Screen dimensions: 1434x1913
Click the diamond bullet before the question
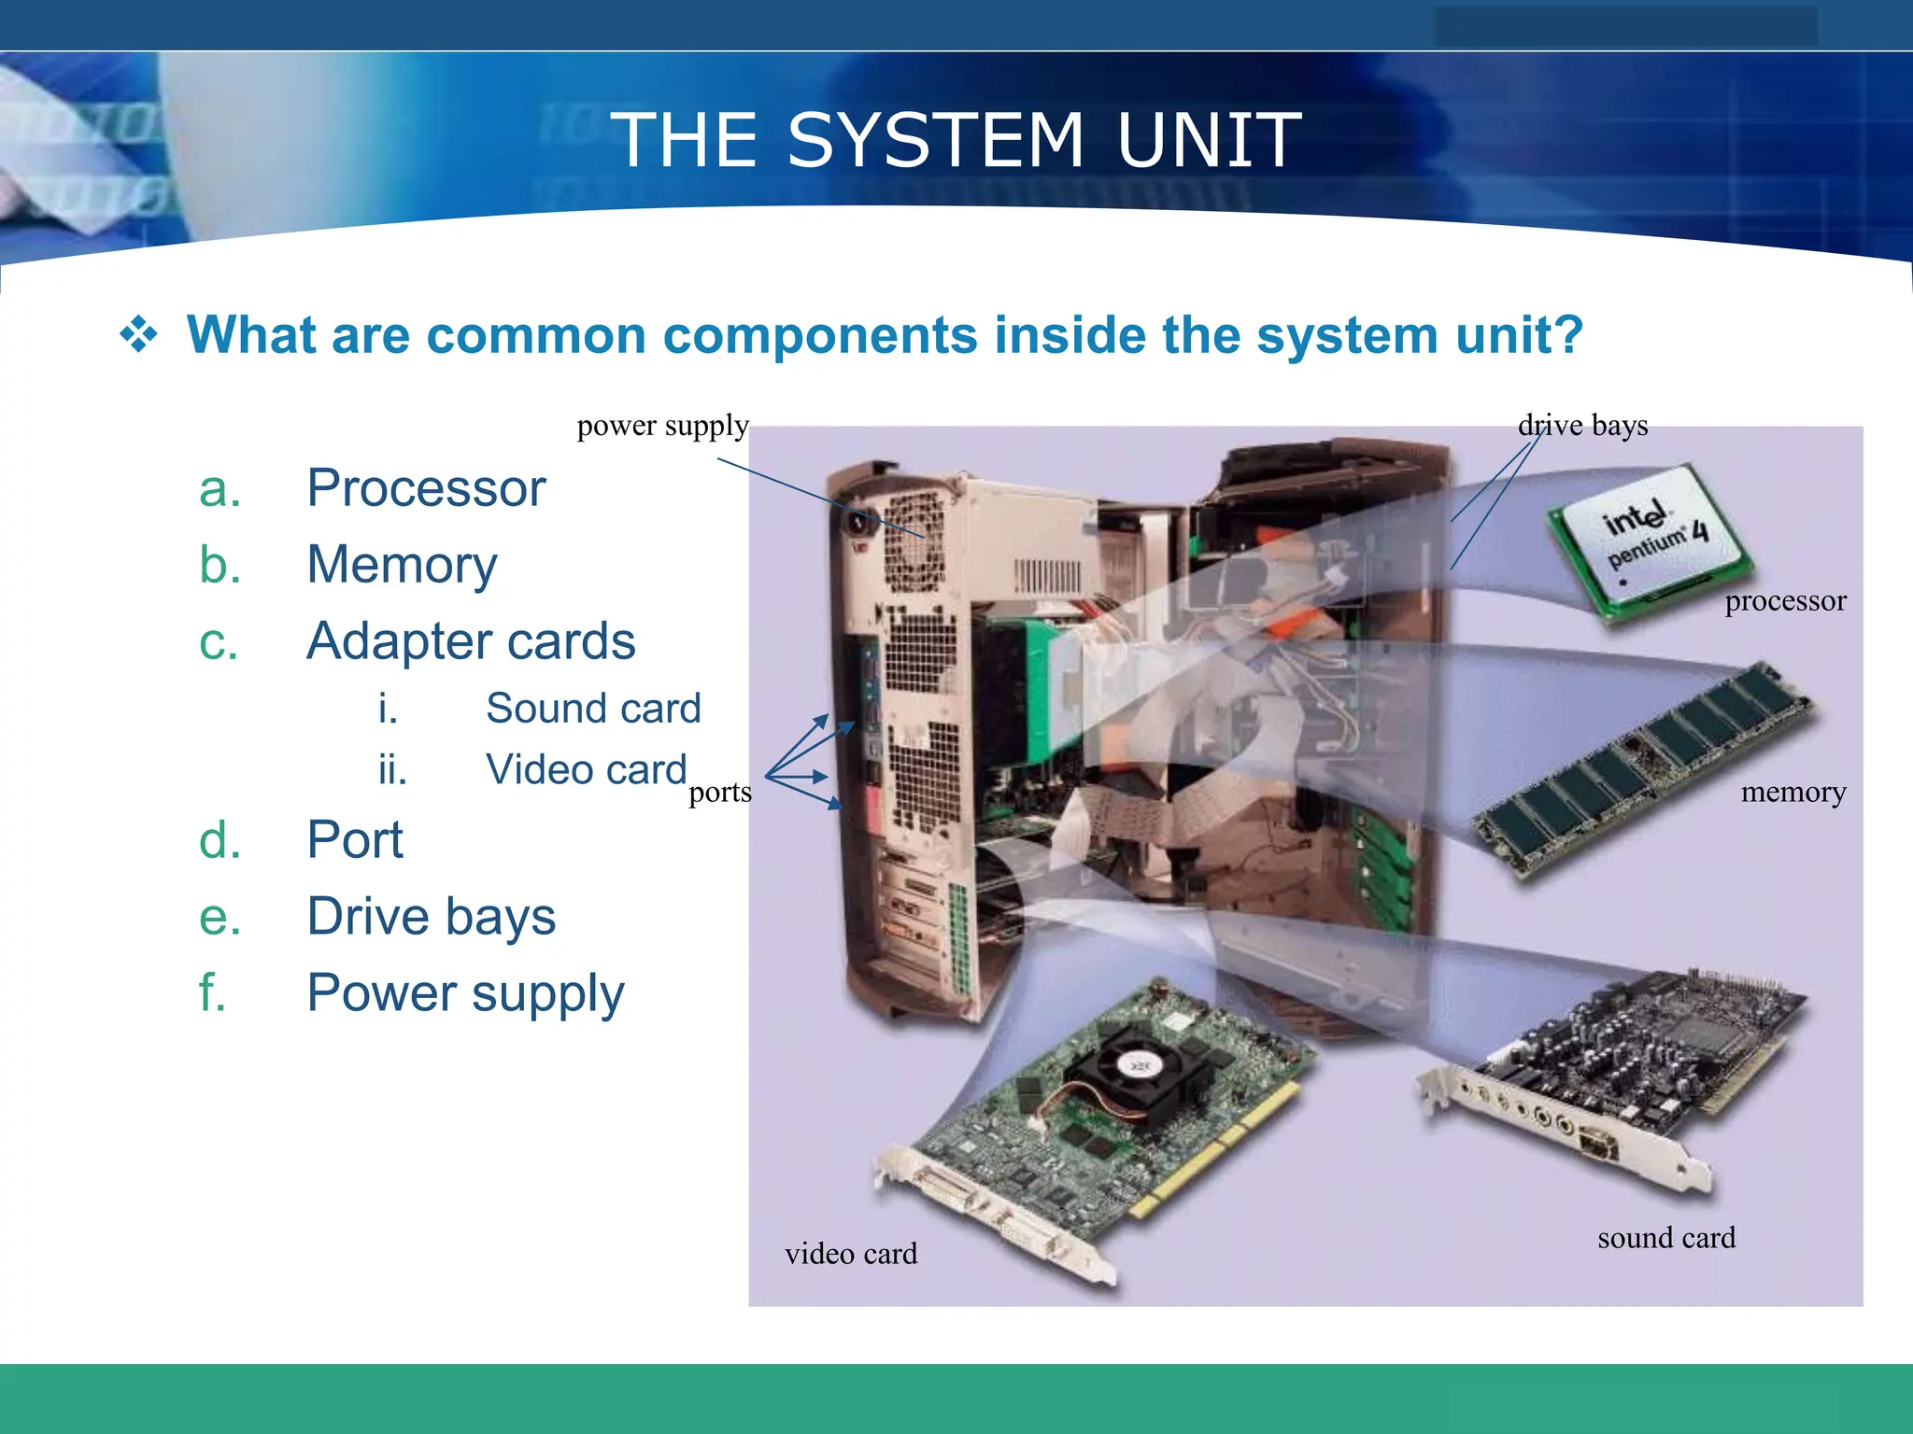click(138, 334)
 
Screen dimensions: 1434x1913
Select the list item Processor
click(426, 487)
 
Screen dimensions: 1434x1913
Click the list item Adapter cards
click(471, 641)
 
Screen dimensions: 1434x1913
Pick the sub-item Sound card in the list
click(592, 708)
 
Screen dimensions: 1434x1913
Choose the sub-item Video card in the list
click(586, 770)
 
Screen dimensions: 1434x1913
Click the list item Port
click(355, 839)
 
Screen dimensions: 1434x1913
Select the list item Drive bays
click(431, 916)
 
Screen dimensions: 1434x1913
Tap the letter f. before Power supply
click(212, 991)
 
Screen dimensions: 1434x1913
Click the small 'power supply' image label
click(662, 426)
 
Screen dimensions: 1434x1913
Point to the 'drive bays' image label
click(1582, 426)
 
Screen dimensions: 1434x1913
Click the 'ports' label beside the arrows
click(719, 793)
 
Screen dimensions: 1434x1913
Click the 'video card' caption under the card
click(851, 1254)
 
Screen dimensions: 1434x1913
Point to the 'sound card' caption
click(1666, 1238)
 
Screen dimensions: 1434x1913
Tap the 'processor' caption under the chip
click(1785, 601)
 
